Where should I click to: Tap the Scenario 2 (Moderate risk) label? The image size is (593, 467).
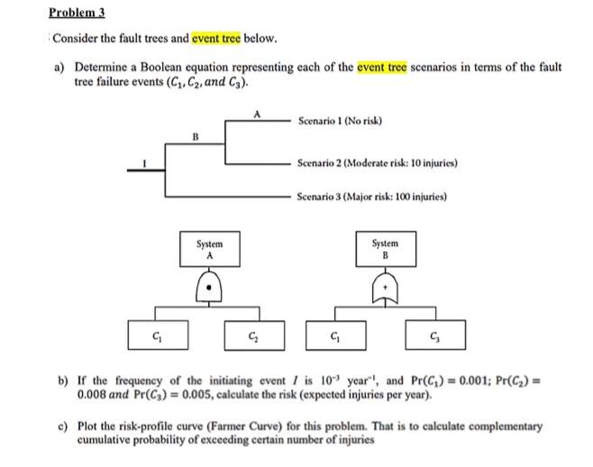378,164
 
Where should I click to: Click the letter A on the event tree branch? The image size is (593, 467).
258,112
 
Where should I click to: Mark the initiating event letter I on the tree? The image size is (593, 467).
160,165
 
